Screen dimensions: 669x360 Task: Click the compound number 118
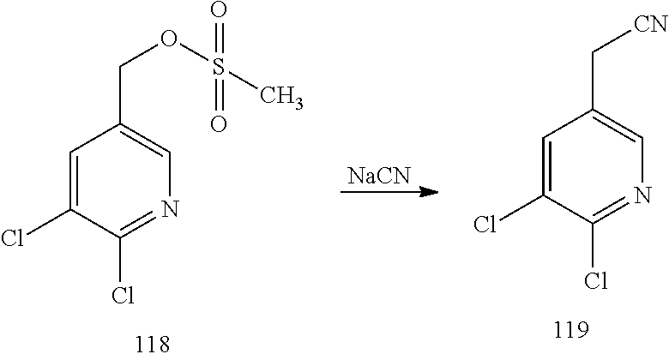153,345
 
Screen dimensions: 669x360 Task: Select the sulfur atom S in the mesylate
219,73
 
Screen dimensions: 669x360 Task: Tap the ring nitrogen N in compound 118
170,208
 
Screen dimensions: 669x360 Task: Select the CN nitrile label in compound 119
650,26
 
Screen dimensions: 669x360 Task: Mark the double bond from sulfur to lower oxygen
219,99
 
